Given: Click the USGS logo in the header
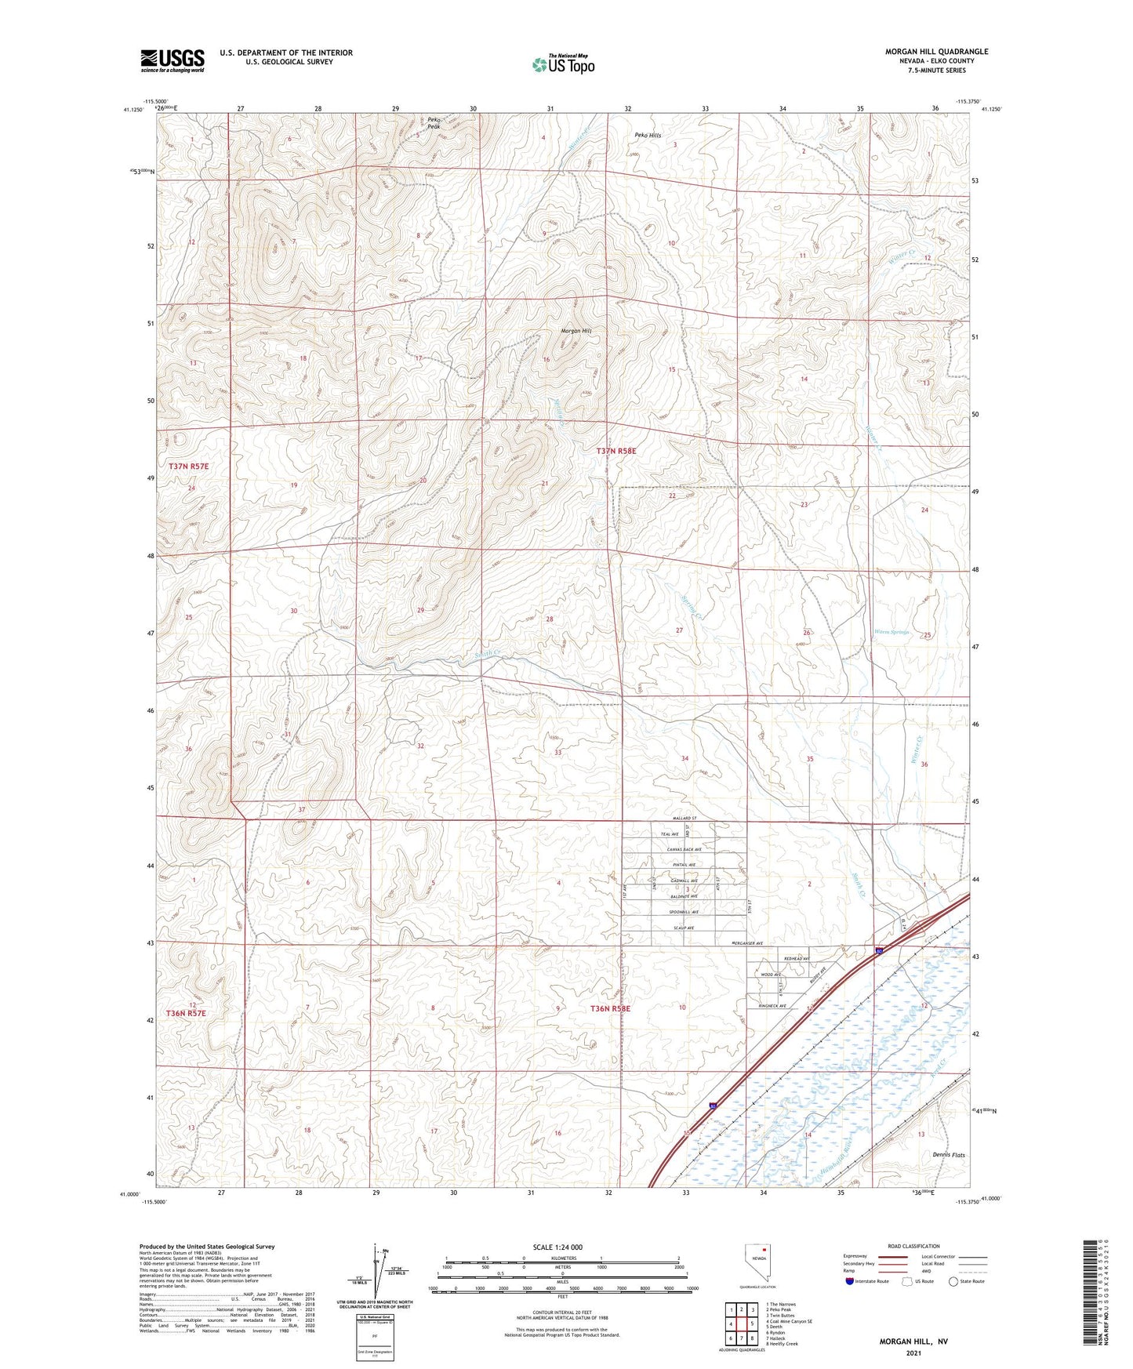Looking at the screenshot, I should point(172,60).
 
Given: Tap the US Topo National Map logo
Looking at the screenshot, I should point(563,64).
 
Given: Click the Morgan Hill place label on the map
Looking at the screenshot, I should point(576,331).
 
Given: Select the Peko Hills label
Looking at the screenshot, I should point(648,136).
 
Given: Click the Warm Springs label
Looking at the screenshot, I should point(892,632).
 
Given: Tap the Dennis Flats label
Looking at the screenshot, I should point(949,1155).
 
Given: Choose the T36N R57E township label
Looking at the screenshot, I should point(186,1013).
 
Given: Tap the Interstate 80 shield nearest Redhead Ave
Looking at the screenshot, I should point(880,951).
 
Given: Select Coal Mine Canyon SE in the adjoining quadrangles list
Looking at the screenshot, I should point(790,1321).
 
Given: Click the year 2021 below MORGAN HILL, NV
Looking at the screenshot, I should point(913,1353).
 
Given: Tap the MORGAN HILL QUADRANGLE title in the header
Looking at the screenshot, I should point(936,52).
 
